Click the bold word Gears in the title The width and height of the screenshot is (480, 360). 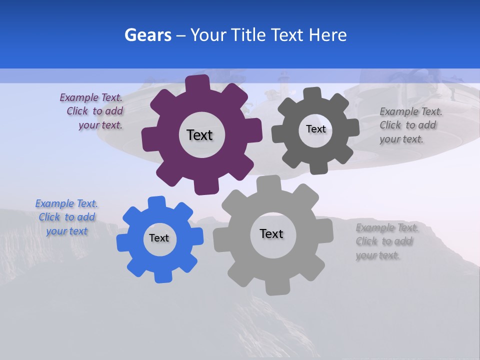tap(148, 35)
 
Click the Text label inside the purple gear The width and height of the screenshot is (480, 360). tap(199, 135)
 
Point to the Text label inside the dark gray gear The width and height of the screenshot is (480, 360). tap(315, 129)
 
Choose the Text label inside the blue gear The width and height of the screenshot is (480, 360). tap(159, 238)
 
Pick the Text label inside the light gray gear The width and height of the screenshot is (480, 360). tap(271, 233)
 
